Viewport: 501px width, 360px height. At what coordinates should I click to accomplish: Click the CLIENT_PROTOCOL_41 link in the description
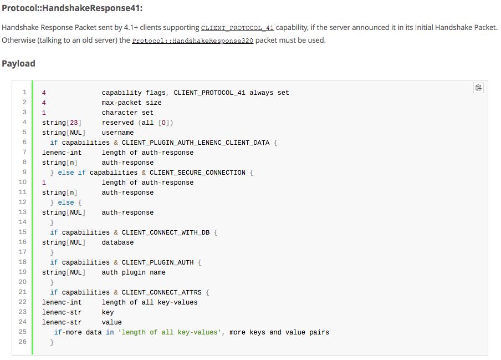point(237,28)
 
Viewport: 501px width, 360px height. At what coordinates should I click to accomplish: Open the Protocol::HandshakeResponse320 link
point(192,41)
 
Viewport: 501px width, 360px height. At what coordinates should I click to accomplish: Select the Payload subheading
point(18,63)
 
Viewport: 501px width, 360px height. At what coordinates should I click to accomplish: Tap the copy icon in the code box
point(478,88)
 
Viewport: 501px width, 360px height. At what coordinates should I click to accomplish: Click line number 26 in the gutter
point(22,342)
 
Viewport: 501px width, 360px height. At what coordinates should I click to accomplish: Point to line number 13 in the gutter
point(22,212)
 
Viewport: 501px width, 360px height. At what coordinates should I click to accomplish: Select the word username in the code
point(117,133)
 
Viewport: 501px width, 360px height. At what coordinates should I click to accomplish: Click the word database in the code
point(117,242)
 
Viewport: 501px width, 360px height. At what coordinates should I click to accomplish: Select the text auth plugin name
point(134,272)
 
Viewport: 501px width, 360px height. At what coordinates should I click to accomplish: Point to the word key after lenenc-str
point(108,312)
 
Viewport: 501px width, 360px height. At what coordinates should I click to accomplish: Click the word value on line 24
point(111,322)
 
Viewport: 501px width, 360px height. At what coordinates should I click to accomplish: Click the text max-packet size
point(131,103)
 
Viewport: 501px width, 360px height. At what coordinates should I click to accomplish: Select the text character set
point(127,113)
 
